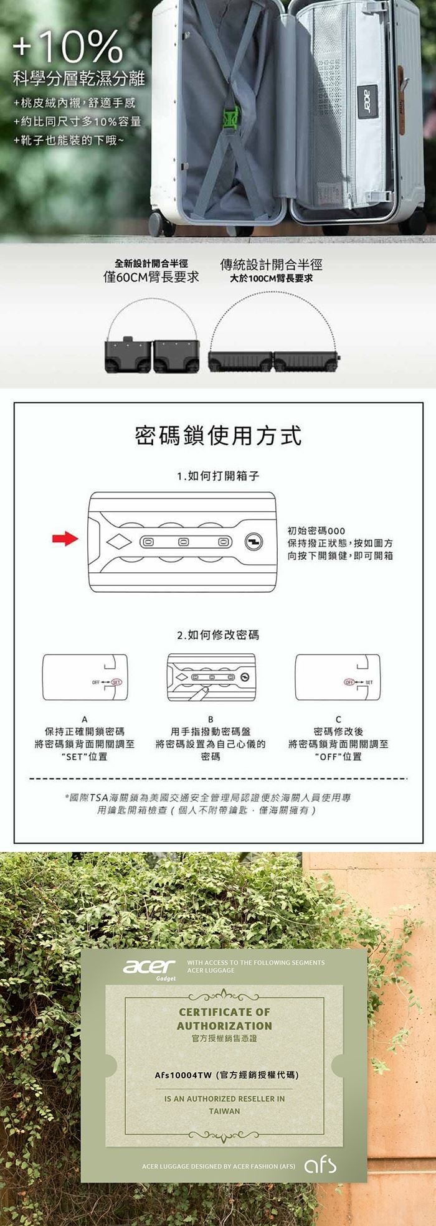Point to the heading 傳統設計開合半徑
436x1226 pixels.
click(272, 265)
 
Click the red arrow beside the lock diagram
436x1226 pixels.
click(65, 539)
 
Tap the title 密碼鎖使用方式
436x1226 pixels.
click(218, 436)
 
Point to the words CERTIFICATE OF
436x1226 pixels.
click(224, 1012)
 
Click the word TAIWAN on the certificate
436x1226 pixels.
click(224, 1111)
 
